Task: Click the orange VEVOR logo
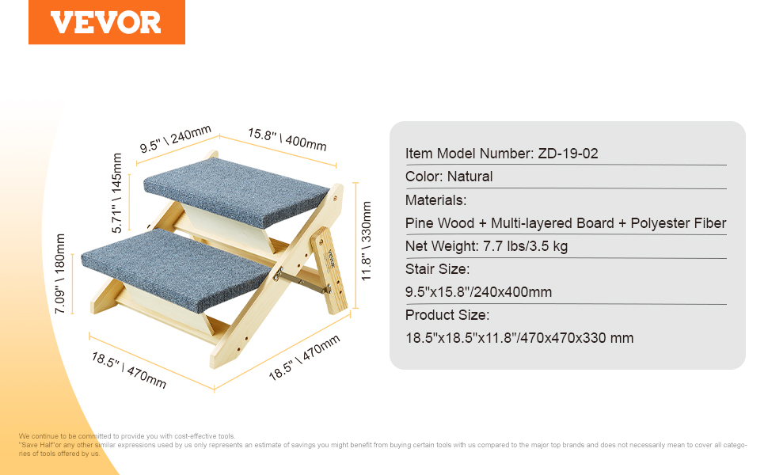pos(107,22)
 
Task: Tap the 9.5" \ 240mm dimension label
pos(175,139)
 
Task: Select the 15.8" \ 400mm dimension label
pos(287,139)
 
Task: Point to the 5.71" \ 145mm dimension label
pos(116,193)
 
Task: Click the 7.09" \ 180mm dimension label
pos(59,273)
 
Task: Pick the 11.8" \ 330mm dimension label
pos(367,241)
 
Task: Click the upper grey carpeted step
pos(237,191)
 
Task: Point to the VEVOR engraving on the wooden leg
pos(331,259)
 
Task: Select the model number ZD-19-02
pos(568,154)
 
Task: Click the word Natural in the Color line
pos(470,177)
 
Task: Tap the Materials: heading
pos(436,199)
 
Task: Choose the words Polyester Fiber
pos(679,222)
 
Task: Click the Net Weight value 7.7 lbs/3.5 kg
pos(525,246)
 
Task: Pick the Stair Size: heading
pos(437,269)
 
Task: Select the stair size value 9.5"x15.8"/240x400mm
pos(478,292)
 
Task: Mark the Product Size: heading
pos(447,315)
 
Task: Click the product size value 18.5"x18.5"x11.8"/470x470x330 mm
pos(519,338)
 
